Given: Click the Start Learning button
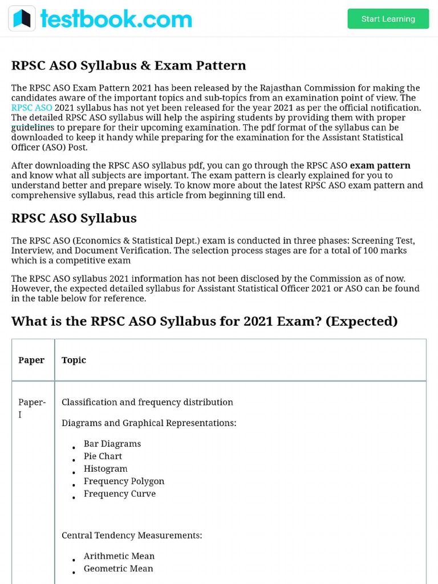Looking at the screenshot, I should (388, 19).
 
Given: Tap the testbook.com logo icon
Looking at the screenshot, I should (22, 19).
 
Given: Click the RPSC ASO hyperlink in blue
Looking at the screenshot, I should (31, 108).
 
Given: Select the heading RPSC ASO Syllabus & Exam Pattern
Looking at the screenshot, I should (128, 66).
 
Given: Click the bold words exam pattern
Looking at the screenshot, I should (380, 166).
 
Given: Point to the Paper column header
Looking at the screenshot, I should (31, 360).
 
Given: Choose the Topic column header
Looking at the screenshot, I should (74, 360).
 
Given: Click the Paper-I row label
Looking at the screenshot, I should (31, 408).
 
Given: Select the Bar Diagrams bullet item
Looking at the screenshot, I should (112, 444).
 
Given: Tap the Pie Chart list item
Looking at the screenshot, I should (103, 456).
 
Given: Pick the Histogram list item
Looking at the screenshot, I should (106, 469).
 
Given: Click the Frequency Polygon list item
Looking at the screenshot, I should (124, 481).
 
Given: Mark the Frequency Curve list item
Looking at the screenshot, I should (119, 494).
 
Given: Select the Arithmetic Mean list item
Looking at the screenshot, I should (119, 556).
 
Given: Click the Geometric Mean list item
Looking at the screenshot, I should (118, 569).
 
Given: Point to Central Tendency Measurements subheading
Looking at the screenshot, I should (132, 536).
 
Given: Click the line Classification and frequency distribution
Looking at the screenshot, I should (147, 402).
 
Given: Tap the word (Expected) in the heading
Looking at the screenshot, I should (362, 321).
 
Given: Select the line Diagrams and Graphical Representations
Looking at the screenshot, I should (148, 423).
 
